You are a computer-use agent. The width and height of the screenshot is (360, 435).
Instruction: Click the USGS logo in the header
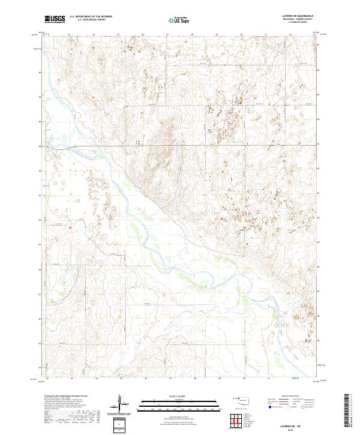[55, 20]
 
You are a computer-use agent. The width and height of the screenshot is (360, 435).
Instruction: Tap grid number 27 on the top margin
[167, 35]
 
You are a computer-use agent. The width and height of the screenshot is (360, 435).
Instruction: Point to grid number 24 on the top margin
[94, 35]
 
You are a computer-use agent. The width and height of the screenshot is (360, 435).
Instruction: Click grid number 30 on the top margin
[241, 35]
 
